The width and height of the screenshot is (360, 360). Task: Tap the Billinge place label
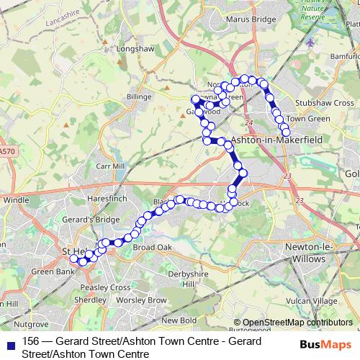[140, 96]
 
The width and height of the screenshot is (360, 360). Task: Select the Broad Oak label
[153, 247]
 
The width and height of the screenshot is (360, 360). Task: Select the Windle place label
[16, 199]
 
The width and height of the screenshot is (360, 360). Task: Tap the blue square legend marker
[9, 343]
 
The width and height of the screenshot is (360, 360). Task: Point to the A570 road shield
[6, 151]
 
